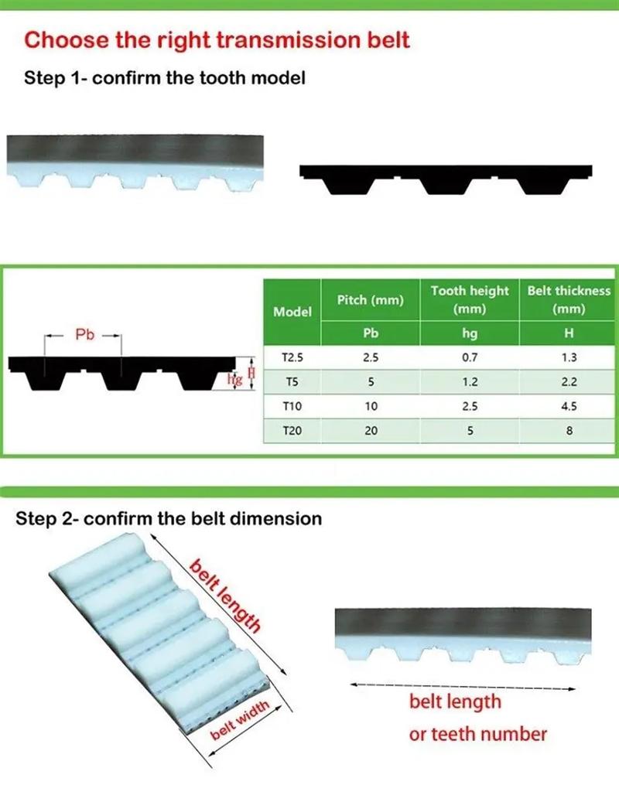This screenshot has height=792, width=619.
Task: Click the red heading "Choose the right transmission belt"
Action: (217, 40)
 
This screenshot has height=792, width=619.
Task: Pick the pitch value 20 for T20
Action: (371, 431)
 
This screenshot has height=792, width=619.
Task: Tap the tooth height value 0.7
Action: (469, 357)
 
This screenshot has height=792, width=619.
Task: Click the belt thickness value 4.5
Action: (569, 405)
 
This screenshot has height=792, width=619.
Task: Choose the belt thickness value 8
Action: (569, 431)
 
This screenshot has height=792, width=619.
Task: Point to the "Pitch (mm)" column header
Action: (371, 300)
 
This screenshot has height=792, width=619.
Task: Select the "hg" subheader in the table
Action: (469, 333)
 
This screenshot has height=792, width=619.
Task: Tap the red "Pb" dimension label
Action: (84, 335)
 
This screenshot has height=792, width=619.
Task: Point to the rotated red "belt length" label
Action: (225, 596)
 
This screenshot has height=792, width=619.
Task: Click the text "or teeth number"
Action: (477, 733)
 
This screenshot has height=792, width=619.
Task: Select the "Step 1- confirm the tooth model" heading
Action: (165, 77)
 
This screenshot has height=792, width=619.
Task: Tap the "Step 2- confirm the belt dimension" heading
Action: (169, 518)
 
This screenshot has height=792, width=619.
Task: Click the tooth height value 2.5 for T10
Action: (469, 405)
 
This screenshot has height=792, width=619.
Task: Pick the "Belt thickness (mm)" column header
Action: (569, 300)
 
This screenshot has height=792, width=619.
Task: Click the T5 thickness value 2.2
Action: (569, 381)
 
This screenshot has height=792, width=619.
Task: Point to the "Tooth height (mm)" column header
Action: (469, 300)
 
